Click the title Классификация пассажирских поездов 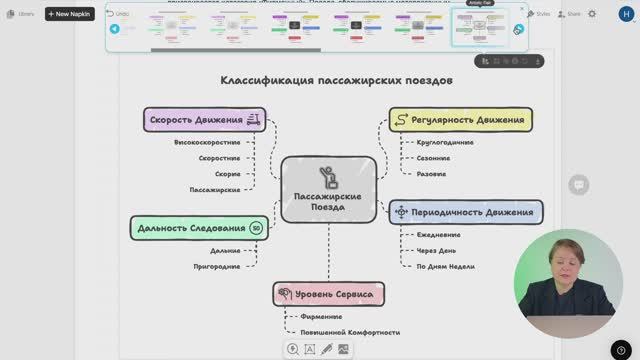pos(336,80)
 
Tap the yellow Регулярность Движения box pos(460,120)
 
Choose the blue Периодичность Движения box pos(466,211)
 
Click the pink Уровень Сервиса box pos(329,294)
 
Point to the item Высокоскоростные pos(207,143)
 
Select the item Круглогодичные pos(445,143)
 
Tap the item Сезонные pos(433,158)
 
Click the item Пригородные pos(217,267)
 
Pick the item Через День pos(437,250)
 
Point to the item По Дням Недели pos(446,266)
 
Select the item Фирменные pos(322,316)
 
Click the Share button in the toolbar pos(570,14)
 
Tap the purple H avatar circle pos(609,14)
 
